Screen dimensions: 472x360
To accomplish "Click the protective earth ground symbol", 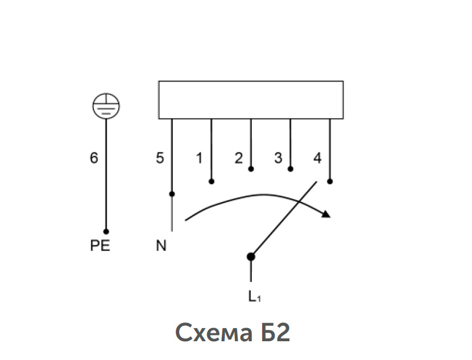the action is (106, 106).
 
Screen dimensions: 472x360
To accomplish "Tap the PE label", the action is (100, 246).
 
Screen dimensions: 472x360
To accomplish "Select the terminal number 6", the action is (94, 158).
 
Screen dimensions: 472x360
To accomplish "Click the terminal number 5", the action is (160, 158).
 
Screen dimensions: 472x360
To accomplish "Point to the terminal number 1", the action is (199, 158).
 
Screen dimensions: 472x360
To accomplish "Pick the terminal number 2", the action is (239, 158).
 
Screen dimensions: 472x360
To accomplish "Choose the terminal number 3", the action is (278, 158).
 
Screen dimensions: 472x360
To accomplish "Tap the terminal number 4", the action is (317, 158).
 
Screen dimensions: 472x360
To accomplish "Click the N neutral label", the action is (161, 246).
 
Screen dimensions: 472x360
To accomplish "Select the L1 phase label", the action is (255, 297).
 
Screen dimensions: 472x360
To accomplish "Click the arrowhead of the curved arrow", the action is (326, 214).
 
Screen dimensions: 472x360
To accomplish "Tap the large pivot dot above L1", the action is (251, 256).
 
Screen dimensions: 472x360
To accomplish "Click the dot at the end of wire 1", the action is (212, 181).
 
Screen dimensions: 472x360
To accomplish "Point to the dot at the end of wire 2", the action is (251, 169).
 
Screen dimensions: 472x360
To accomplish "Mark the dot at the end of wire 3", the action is (290, 169).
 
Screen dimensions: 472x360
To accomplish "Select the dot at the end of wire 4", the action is (330, 181).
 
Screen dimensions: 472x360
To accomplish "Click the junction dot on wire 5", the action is (172, 194).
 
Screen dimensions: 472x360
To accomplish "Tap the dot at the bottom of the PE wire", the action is (106, 231).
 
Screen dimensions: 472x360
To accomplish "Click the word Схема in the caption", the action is (214, 333).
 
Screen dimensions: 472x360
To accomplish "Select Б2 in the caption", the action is (275, 332).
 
